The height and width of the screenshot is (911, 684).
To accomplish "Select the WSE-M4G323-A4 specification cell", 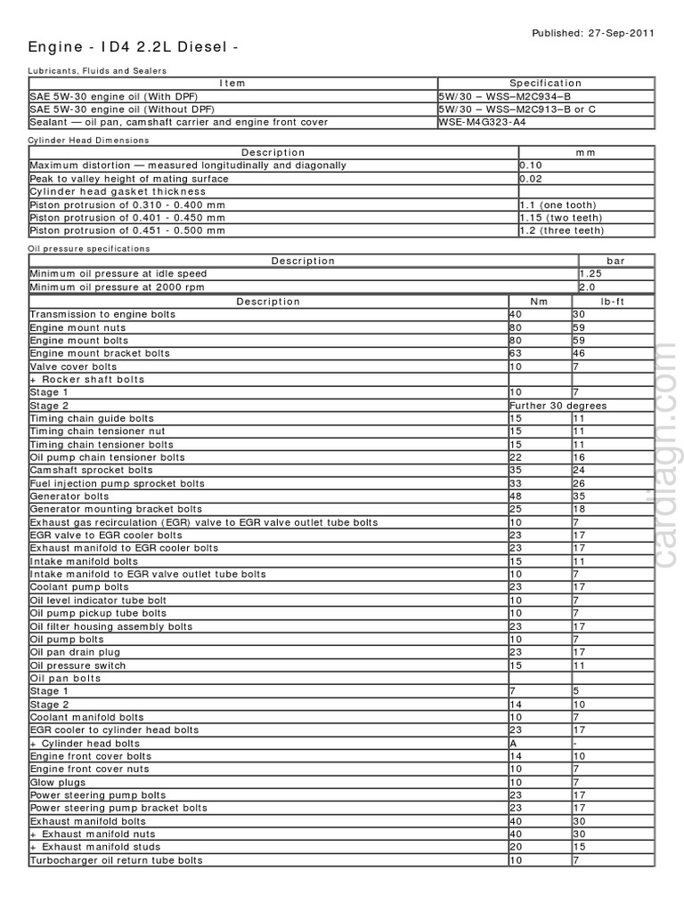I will tap(481, 122).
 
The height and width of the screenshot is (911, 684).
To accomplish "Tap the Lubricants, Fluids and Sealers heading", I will tap(98, 70).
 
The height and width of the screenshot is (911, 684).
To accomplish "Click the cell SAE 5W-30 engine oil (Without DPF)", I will tap(118, 109).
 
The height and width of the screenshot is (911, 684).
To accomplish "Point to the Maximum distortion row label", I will tap(188, 165).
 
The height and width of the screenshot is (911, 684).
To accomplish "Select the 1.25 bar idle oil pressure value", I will tap(591, 274).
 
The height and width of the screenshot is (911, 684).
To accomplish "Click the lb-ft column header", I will tap(613, 301).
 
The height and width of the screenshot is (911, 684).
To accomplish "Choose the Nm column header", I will tap(540, 301).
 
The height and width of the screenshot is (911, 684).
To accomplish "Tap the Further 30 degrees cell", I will tap(558, 406).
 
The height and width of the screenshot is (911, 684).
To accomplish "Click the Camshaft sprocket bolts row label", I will tap(91, 470).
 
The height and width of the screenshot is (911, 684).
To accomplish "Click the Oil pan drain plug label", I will tap(74, 652).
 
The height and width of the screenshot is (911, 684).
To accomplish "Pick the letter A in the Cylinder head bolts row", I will tap(513, 743).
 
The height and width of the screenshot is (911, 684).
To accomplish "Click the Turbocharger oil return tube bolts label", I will tap(116, 860).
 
